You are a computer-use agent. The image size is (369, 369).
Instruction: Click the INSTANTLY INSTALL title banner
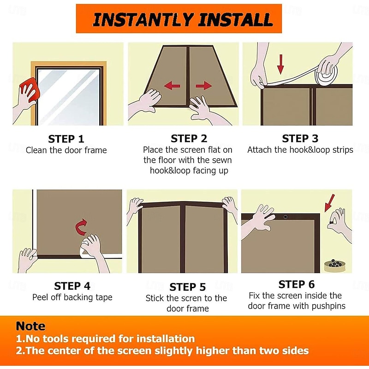point(179,18)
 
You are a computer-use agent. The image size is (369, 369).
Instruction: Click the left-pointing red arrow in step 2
point(172,86)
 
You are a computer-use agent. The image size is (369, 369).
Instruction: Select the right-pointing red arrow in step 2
point(204,86)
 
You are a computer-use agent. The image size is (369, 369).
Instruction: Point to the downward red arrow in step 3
point(280,64)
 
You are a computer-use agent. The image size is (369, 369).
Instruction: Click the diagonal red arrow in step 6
point(329,203)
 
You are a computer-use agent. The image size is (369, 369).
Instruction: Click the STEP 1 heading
point(66,139)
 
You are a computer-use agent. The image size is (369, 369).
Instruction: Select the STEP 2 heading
point(189,138)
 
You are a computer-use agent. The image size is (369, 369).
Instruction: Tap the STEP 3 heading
point(300,138)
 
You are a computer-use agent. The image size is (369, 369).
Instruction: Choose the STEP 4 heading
point(72,286)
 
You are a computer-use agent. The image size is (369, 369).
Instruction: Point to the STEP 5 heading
point(188,287)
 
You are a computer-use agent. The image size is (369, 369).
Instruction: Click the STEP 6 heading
point(297,284)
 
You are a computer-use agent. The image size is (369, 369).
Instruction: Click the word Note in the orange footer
point(30,326)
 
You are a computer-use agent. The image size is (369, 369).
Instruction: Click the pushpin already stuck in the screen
point(285,217)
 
